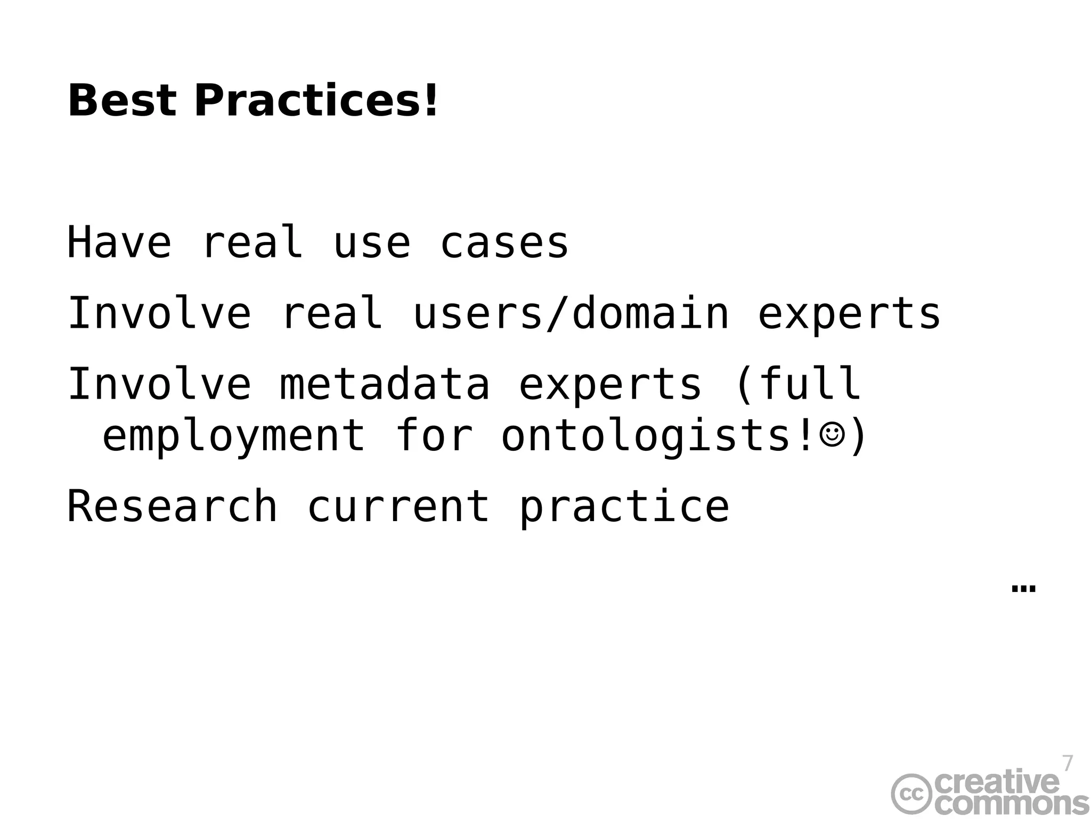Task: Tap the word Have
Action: pos(119,243)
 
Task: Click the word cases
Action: pos(504,244)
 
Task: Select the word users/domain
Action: pos(571,313)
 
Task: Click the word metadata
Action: pos(385,384)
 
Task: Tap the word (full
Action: pos(797,384)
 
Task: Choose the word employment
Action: pos(233,436)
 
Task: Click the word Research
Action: pos(172,506)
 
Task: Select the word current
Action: pos(398,506)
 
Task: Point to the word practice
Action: pos(624,506)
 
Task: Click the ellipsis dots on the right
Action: pos(1023,589)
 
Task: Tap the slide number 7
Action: pos(1067,764)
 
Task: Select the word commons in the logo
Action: pos(1012,804)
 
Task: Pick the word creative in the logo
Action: pos(996,782)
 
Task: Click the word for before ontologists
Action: pos(434,436)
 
